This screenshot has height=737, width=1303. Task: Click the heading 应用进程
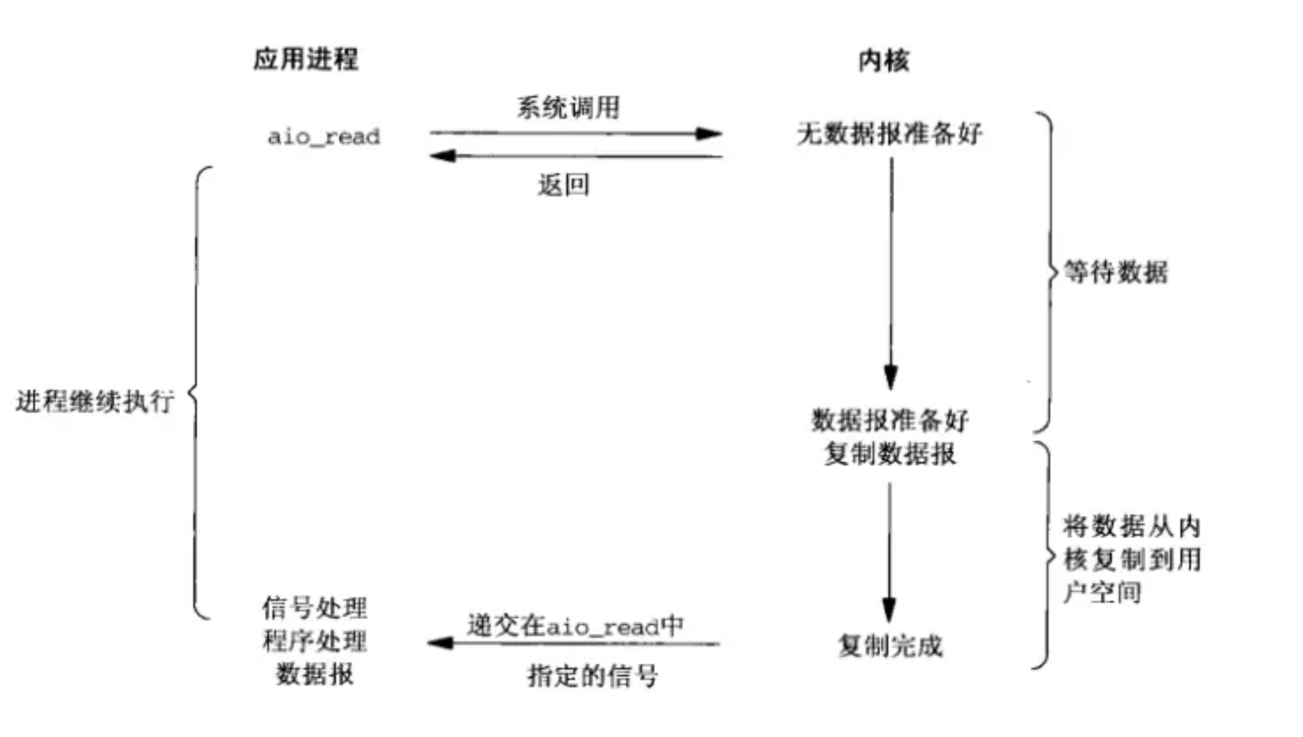pos(306,60)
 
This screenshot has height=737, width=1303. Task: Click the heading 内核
pos(883,61)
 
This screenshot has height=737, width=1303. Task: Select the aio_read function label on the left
pos(324,137)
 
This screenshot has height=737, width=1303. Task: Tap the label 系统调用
pos(568,107)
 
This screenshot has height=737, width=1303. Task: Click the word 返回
pos(563,185)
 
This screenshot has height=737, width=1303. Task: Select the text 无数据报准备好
pos(889,134)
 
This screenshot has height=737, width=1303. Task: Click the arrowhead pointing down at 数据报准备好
pos(891,377)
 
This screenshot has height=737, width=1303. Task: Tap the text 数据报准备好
pos(890,421)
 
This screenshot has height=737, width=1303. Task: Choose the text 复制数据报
pos(890,454)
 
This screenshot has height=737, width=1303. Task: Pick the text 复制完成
pos(890,646)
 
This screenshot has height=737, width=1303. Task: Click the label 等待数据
pos(1116,272)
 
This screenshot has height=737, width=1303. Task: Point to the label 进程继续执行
pos(95,401)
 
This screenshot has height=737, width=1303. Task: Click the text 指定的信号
pos(593,675)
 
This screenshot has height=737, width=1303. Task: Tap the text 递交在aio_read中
pos(575,626)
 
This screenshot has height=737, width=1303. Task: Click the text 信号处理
pos(314,608)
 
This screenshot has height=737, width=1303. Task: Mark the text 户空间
pos(1102,592)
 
